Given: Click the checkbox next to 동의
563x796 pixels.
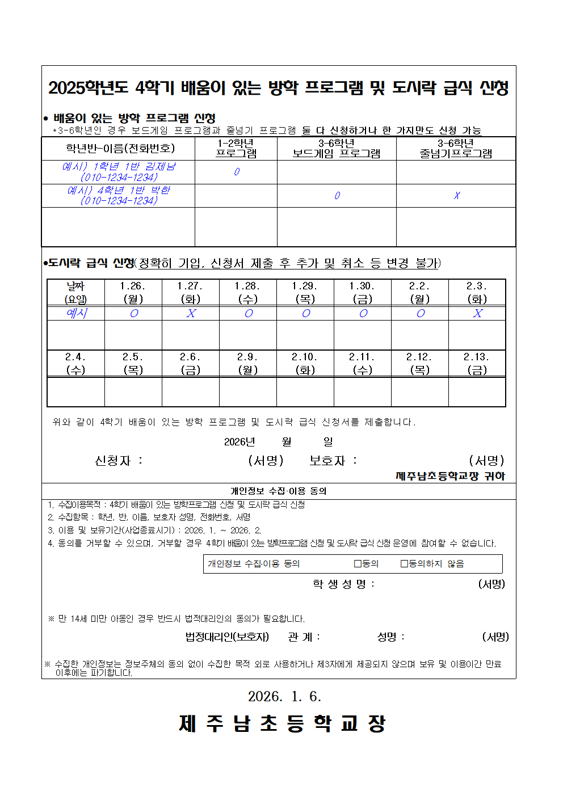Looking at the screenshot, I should click(x=358, y=563).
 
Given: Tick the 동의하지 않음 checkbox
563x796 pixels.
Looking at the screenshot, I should click(x=404, y=563).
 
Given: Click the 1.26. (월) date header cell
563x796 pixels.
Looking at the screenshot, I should click(x=133, y=293).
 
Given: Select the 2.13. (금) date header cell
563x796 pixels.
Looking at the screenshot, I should click(x=477, y=363).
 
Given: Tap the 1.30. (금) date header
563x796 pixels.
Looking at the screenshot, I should click(x=363, y=293).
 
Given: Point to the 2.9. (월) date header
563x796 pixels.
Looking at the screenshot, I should click(x=247, y=363).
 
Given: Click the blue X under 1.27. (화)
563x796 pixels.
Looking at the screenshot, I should click(x=191, y=313).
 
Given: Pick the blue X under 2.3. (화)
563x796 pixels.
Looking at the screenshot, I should click(x=477, y=313).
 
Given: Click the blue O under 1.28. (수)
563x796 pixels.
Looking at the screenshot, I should click(x=249, y=313).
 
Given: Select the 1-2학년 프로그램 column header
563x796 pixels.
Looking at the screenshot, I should click(x=236, y=149).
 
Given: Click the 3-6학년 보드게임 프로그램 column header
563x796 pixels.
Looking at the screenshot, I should click(x=336, y=149).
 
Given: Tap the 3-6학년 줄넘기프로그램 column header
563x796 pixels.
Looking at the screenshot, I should click(x=456, y=149).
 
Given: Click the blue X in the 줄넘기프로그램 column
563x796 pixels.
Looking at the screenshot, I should click(x=457, y=196).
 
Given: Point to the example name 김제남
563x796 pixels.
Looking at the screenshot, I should click(x=161, y=167).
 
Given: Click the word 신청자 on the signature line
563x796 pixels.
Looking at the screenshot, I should click(x=112, y=461).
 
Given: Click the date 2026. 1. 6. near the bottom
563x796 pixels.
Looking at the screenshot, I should click(x=284, y=696).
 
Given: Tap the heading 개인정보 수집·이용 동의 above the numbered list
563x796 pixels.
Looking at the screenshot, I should click(x=278, y=491).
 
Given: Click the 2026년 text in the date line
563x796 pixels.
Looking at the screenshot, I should click(x=239, y=441).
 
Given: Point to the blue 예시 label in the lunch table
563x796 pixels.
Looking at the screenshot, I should click(x=77, y=313).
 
